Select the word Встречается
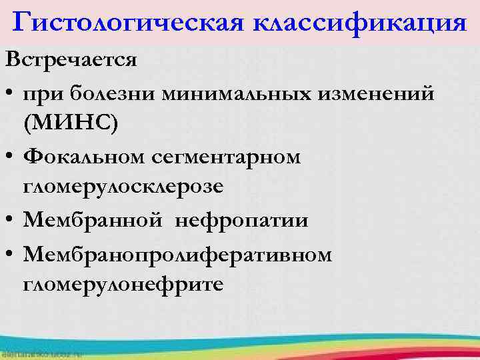tap(71, 61)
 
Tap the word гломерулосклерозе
tap(123, 188)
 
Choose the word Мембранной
tap(94, 221)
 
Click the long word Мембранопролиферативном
tap(177, 254)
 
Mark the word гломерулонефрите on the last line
tap(123, 285)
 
